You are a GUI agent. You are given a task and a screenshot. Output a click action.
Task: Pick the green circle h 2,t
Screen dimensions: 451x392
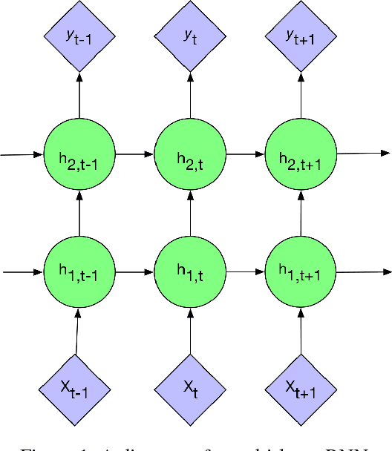190,155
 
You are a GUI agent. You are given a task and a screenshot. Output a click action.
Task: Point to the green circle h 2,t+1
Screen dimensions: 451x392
301,155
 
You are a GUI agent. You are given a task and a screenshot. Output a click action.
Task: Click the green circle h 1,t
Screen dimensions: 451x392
190,272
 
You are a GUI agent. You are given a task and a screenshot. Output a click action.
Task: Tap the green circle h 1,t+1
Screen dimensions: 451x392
301,272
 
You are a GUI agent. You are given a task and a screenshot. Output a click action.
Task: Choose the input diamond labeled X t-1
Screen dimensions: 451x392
77,387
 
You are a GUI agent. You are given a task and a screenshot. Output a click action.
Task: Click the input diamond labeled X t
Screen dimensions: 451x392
190,387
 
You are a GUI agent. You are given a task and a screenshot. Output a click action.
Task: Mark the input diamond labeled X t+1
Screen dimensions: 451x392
301,387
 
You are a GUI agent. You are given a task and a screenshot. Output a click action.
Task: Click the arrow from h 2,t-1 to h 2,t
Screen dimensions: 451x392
134,155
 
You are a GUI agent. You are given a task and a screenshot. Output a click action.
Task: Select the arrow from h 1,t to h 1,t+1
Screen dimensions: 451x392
245,272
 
